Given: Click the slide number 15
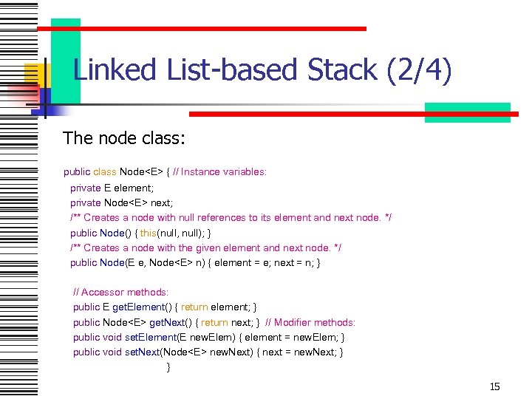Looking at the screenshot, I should [x=495, y=386].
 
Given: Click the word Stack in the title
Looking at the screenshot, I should [x=339, y=70].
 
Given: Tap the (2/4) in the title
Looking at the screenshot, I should [x=417, y=71].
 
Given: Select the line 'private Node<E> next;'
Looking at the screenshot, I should [x=121, y=202].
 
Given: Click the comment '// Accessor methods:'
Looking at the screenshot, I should [x=121, y=293].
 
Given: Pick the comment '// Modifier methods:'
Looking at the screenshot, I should [x=310, y=323].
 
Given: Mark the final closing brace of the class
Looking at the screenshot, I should [x=168, y=367].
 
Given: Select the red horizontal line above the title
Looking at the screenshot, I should [x=201, y=29].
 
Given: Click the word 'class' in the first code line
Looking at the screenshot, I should [x=105, y=172].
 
